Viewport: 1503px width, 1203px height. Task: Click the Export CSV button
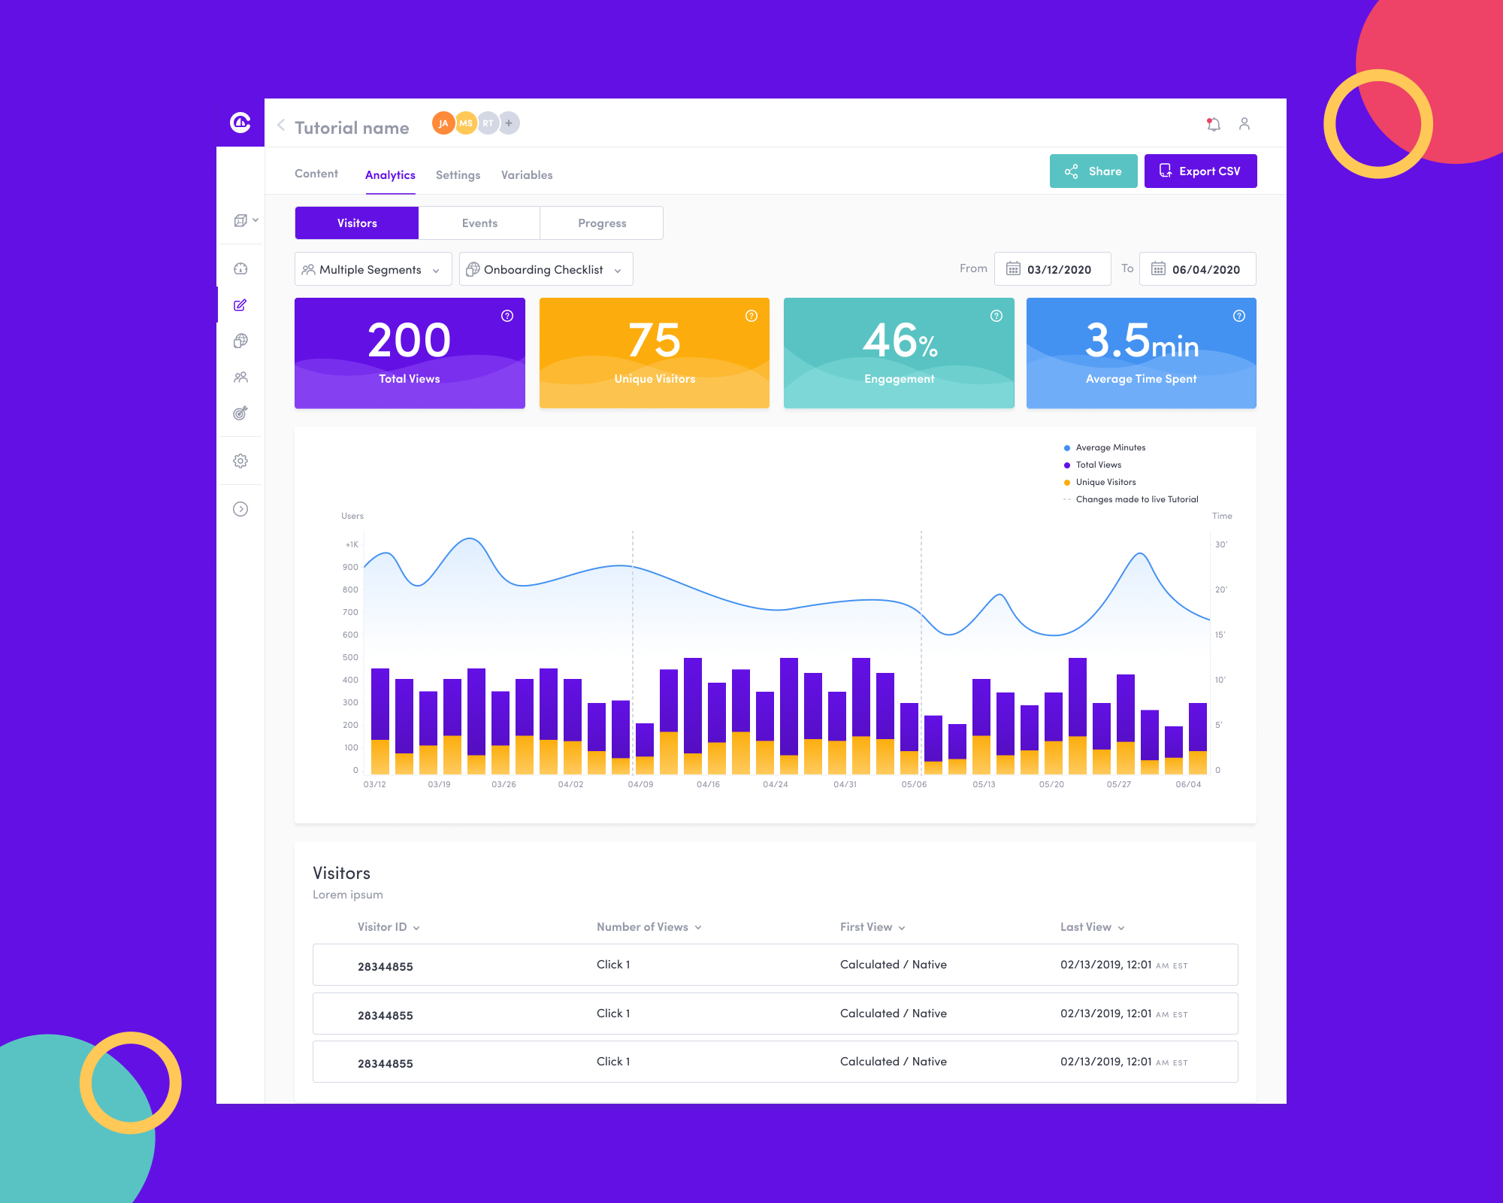[1200, 171]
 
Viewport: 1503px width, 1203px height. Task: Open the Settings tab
[458, 175]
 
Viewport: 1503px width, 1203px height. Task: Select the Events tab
[479, 223]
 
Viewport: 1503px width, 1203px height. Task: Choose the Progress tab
[601, 223]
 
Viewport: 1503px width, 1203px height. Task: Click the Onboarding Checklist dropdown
[546, 269]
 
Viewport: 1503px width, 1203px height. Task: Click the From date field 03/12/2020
[1052, 269]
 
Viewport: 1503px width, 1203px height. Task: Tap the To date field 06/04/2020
[1197, 269]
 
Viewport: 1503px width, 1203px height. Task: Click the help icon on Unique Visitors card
[751, 316]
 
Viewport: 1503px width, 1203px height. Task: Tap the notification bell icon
[1213, 124]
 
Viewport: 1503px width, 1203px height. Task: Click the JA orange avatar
[443, 123]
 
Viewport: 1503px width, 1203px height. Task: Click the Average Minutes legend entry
[1109, 447]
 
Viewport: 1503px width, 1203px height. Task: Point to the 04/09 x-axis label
[640, 784]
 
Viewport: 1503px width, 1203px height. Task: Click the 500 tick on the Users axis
[350, 657]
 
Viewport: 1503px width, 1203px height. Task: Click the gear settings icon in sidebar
[240, 461]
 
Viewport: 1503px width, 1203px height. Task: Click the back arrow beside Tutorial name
[281, 126]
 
